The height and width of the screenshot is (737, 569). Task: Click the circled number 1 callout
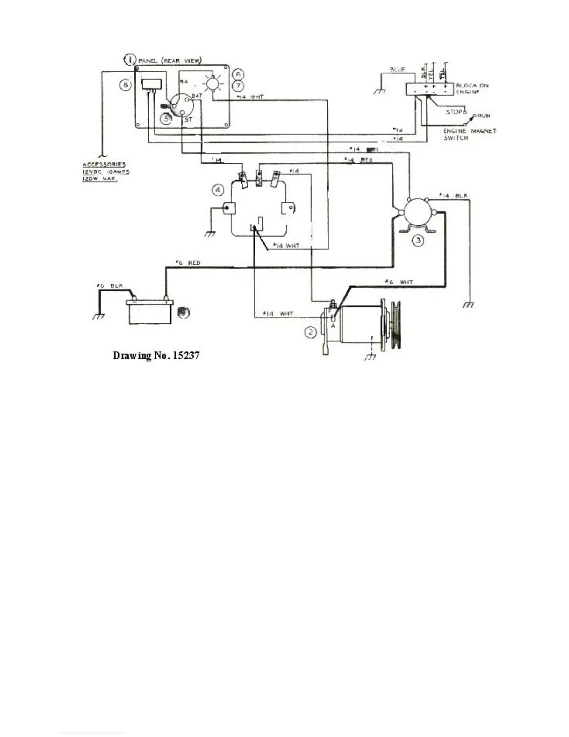click(131, 60)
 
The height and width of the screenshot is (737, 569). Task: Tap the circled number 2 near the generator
click(311, 332)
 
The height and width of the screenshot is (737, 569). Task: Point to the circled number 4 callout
click(218, 190)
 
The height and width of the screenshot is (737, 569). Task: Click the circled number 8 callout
click(126, 85)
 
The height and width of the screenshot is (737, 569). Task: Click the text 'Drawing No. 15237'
click(157, 356)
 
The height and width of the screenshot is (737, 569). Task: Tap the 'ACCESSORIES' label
click(104, 165)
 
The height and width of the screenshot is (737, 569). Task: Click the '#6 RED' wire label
click(188, 263)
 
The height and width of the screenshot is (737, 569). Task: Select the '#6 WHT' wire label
click(399, 282)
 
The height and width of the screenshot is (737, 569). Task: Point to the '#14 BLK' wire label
click(453, 195)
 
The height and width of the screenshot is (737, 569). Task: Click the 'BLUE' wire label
click(397, 70)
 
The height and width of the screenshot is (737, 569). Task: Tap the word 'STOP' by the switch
click(455, 112)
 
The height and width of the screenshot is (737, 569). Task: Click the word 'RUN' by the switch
click(483, 115)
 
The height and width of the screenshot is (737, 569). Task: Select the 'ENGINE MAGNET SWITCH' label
click(470, 134)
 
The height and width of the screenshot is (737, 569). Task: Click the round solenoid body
click(417, 213)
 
